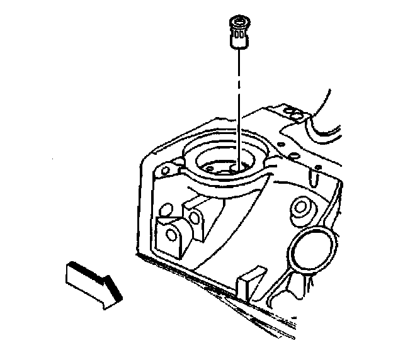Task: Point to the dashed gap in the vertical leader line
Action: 239,82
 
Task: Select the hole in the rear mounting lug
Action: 195,217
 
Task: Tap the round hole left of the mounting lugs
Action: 166,208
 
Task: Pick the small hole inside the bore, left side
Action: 208,167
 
